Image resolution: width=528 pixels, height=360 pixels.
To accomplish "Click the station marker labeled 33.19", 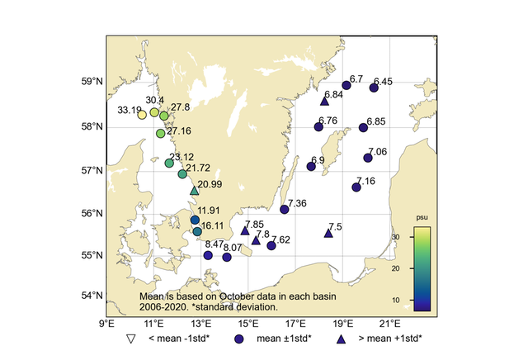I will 142,115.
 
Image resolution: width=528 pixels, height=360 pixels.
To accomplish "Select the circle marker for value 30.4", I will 154,112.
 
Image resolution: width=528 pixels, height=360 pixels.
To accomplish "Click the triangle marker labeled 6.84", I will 324,101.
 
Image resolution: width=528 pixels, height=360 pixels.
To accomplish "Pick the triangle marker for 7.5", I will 328,233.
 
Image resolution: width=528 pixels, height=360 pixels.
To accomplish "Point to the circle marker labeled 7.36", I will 285,209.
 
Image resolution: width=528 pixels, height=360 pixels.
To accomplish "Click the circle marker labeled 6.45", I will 374,88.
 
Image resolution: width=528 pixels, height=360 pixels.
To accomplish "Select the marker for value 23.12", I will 169,163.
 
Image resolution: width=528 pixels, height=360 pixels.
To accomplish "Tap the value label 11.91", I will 210,211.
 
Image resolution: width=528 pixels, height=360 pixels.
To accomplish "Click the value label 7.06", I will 377,152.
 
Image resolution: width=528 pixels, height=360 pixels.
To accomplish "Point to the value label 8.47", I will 214,244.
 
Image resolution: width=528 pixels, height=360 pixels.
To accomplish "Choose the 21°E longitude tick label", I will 390,324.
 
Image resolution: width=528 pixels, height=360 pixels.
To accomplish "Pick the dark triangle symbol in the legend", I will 341,339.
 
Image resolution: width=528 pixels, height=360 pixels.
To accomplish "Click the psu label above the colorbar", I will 422,220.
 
